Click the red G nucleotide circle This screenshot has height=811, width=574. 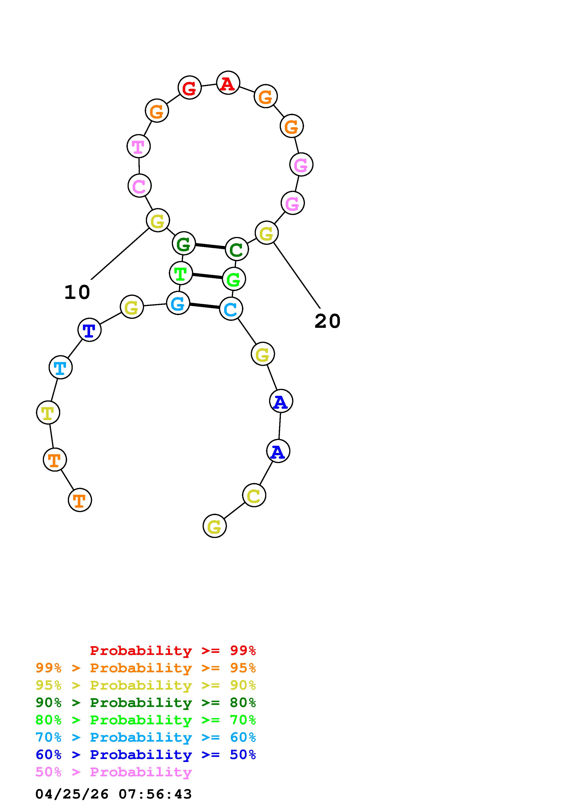pos(190,88)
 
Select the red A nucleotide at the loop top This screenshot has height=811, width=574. pos(228,83)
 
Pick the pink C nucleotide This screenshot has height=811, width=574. pos(139,186)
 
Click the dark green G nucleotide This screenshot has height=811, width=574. pos(184,243)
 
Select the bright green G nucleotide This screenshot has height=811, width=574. pos(234,279)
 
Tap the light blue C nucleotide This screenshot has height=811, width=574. pos(231,309)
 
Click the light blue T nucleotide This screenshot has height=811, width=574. pos(60,367)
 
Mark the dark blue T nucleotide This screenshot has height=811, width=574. pos(89,330)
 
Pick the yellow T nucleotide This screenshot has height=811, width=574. pos(48,413)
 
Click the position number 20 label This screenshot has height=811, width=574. pos(327,321)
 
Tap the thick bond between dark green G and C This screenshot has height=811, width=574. pos(210,246)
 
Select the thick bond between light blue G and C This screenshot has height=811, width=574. pos(204,306)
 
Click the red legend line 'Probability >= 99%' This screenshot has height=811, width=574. pos(173,651)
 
